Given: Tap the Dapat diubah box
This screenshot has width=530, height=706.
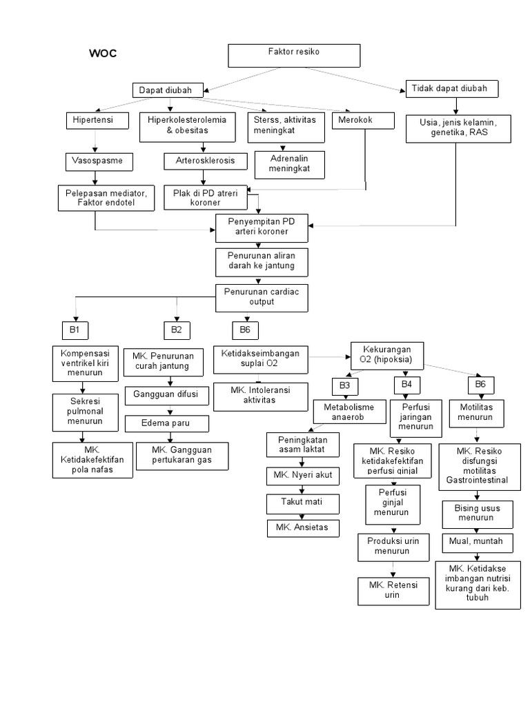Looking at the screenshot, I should (x=167, y=90).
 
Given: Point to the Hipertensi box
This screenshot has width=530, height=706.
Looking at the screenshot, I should (x=98, y=120).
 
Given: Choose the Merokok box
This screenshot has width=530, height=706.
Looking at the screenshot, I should (x=363, y=120).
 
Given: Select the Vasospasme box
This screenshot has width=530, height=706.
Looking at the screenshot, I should (x=98, y=161).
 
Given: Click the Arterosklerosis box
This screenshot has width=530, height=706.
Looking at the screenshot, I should (x=200, y=161).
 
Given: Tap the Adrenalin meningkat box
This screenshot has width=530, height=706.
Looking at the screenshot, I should (x=291, y=163).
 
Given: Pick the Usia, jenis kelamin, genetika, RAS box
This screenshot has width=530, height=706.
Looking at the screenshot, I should (x=458, y=128).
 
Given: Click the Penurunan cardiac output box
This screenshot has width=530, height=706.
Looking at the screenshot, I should (x=261, y=296).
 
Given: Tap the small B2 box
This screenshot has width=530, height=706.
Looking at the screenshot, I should (x=177, y=330).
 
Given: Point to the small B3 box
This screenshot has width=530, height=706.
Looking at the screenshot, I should (x=345, y=384).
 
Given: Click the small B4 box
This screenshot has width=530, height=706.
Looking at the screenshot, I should (x=406, y=384).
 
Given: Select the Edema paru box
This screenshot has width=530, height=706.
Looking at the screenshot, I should (x=166, y=423).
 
